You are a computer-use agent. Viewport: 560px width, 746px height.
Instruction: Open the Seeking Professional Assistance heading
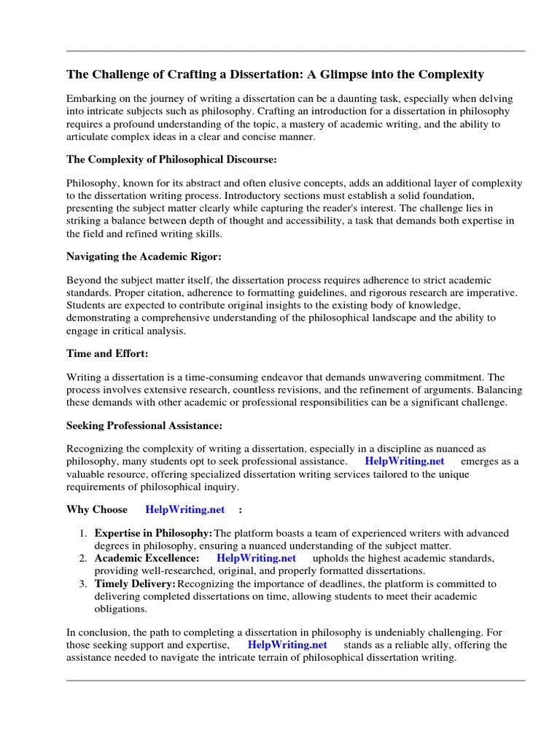pos(144,425)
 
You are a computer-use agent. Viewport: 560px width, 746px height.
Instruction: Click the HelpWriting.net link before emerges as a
pos(404,461)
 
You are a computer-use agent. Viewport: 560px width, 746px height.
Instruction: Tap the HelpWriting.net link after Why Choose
pos(185,509)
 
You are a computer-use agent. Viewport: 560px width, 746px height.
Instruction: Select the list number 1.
pos(84,534)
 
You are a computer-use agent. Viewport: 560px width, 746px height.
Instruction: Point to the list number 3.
pos(84,584)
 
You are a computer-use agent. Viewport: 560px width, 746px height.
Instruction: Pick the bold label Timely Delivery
pos(135,584)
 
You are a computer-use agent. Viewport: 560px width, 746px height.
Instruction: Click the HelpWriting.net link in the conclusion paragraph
pos(287,645)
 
